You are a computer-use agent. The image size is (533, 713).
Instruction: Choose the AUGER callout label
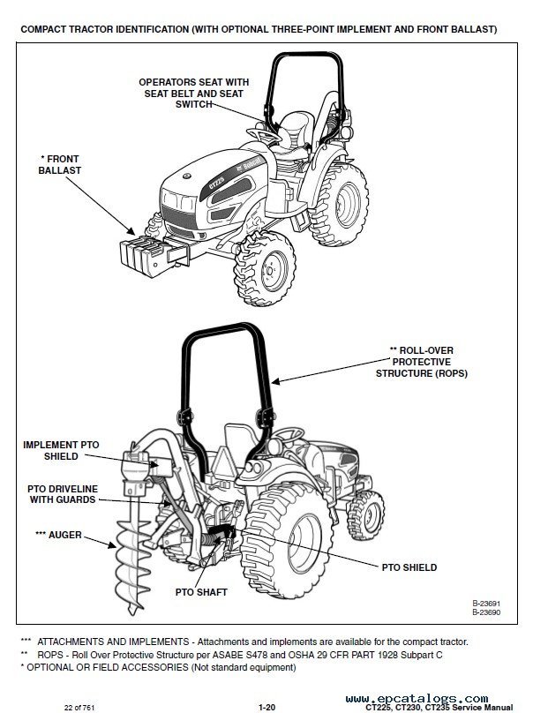click(57, 535)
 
